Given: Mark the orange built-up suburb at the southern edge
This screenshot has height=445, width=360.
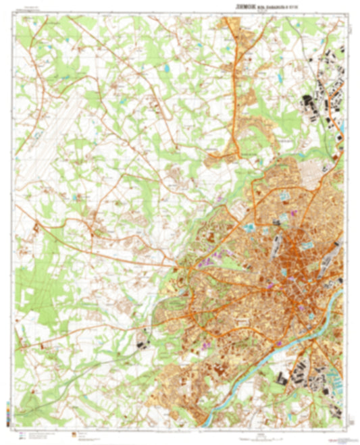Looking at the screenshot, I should [x=182, y=398].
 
